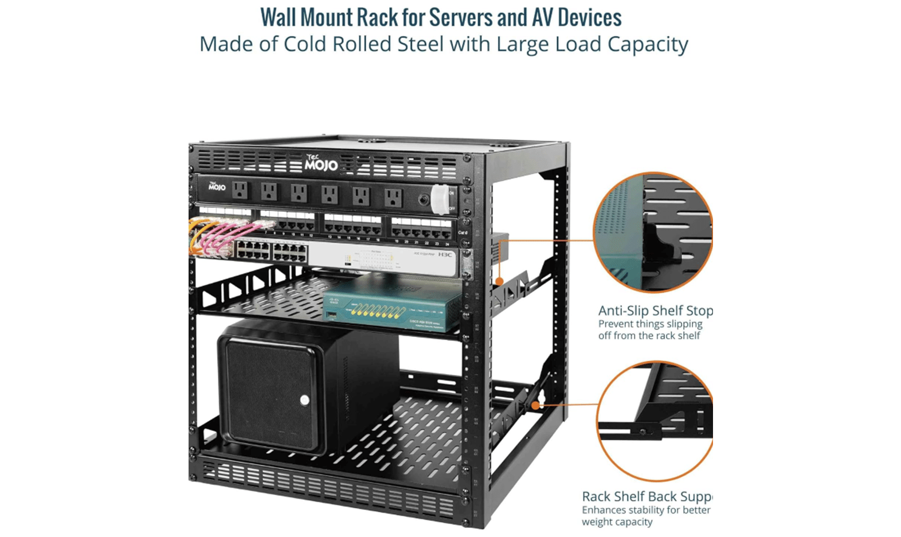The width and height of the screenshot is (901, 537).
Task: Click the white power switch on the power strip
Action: tap(439, 199)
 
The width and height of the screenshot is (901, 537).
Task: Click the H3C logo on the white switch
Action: tap(445, 254)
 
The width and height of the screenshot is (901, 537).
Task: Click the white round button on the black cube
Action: tap(305, 400)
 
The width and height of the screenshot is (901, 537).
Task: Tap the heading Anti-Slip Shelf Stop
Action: tap(655, 311)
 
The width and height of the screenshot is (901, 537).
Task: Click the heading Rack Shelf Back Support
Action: tap(647, 496)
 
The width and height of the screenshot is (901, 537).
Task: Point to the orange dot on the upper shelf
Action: tap(500, 281)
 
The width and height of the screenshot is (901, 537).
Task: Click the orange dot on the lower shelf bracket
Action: tap(535, 405)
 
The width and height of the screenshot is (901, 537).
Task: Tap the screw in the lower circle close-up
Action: tap(643, 431)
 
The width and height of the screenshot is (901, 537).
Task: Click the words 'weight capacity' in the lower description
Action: tap(617, 522)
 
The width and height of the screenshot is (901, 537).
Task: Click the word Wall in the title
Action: tap(278, 17)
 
